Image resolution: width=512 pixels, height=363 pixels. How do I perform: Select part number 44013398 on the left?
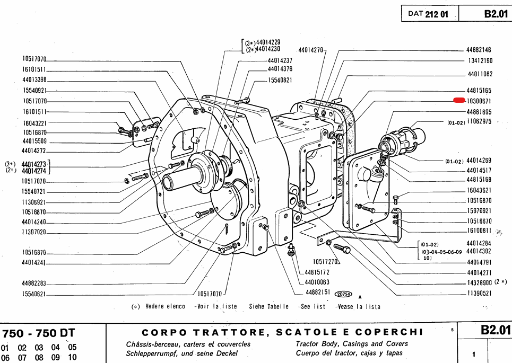point(34,80)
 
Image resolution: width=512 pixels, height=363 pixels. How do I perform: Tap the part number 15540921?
point(34,91)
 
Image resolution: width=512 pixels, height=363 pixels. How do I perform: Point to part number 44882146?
point(480,50)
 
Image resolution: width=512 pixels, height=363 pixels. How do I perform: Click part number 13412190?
point(480,61)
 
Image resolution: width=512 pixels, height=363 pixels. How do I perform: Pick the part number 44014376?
point(280,69)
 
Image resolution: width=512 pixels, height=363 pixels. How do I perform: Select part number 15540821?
point(280,81)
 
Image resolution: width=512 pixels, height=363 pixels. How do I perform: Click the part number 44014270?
point(310,50)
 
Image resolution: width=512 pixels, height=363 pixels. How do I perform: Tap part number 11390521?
point(480,293)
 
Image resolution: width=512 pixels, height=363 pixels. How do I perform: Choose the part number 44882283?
point(34,284)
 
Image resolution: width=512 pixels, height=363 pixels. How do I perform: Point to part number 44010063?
point(317,282)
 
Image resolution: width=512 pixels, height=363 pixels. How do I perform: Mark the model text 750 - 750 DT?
point(39,333)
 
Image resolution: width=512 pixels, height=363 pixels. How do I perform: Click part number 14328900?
point(480,282)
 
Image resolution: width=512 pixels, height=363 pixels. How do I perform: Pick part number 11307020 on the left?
point(34,232)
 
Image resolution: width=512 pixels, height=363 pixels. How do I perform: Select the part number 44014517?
point(480,170)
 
